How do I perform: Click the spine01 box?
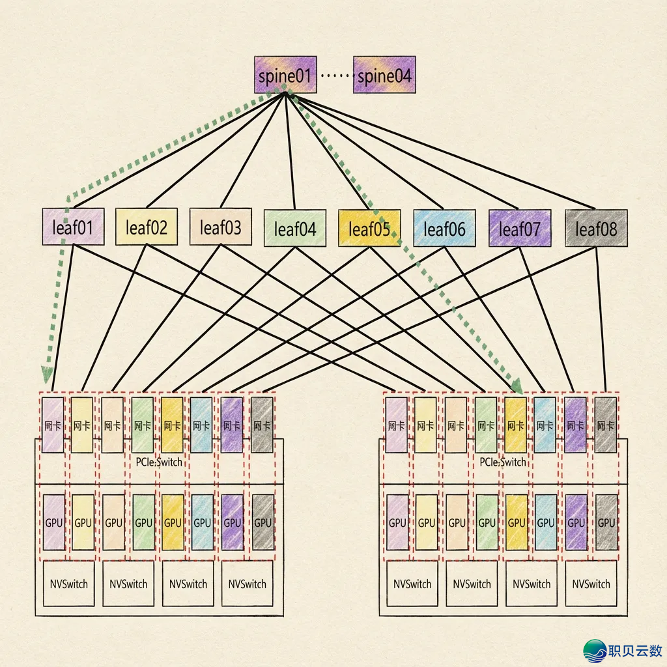click(285, 75)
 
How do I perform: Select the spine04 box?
click(384, 76)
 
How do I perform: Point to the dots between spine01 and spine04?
click(334, 76)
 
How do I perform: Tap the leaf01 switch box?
click(73, 227)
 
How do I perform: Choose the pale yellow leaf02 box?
click(147, 227)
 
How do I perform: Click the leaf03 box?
click(220, 227)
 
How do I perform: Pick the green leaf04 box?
click(295, 228)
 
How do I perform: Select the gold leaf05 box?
click(369, 228)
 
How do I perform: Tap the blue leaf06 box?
click(444, 228)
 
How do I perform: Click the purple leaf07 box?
click(519, 228)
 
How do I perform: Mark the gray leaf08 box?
click(596, 228)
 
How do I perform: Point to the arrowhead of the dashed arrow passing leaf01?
click(48, 374)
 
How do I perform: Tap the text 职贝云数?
click(635, 650)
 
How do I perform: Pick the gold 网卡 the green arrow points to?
click(516, 425)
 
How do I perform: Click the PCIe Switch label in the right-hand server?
click(502, 462)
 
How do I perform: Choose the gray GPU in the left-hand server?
click(263, 522)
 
